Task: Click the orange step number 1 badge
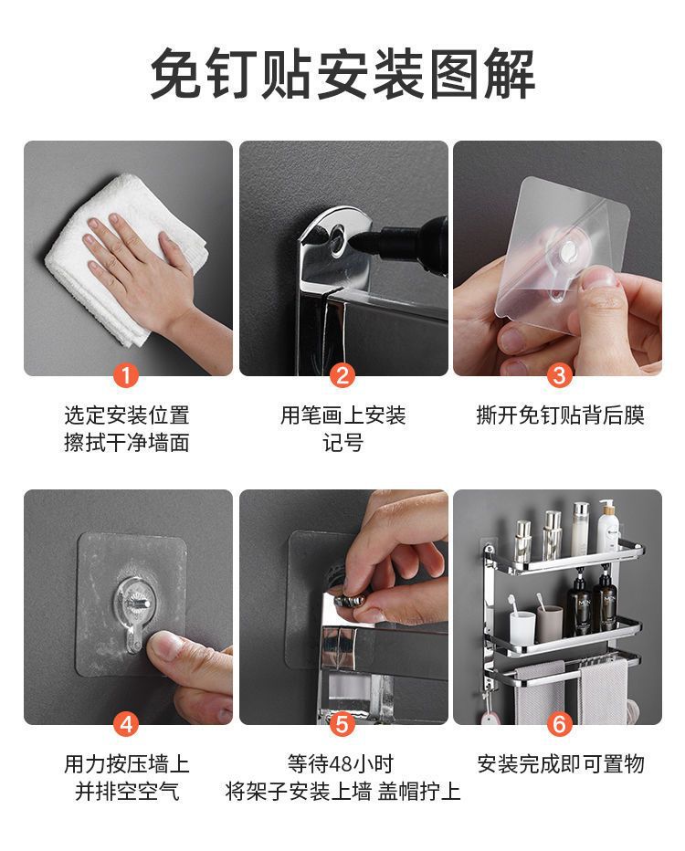pyautogui.click(x=126, y=375)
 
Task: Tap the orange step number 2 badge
pyautogui.click(x=342, y=375)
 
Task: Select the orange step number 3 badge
pyautogui.click(x=559, y=375)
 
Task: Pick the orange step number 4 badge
pyautogui.click(x=126, y=724)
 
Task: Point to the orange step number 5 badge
pyautogui.click(x=342, y=724)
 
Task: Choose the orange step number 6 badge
pyautogui.click(x=559, y=724)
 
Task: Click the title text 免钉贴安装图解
pyautogui.click(x=342, y=74)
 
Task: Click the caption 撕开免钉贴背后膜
pyautogui.click(x=560, y=415)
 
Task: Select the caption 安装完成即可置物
pyautogui.click(x=560, y=764)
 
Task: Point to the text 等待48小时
pyautogui.click(x=341, y=764)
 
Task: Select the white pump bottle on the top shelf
pyautogui.click(x=608, y=526)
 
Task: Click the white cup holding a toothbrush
pyautogui.click(x=522, y=628)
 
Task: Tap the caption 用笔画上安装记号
pyautogui.click(x=342, y=429)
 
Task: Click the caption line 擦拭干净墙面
pyautogui.click(x=126, y=443)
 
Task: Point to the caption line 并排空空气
pyautogui.click(x=127, y=792)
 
